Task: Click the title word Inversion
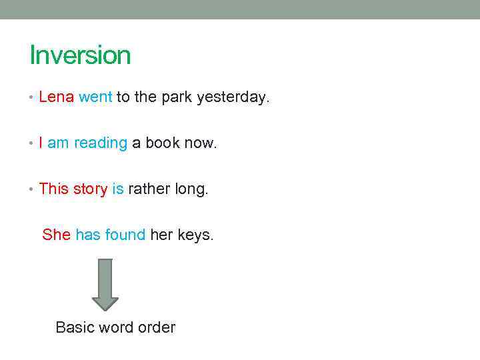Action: click(x=80, y=55)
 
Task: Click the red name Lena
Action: click(x=57, y=97)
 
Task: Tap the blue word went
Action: click(x=95, y=97)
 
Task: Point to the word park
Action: click(x=176, y=98)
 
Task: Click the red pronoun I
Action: click(x=41, y=143)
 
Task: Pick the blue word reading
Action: click(x=101, y=143)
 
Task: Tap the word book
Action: click(x=163, y=143)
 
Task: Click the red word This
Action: click(x=54, y=189)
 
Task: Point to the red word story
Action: click(x=90, y=189)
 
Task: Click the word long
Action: click(x=191, y=189)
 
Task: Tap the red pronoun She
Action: click(x=56, y=235)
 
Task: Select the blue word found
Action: click(x=125, y=235)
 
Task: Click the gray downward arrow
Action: click(x=105, y=284)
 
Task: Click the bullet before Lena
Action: click(x=32, y=98)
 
